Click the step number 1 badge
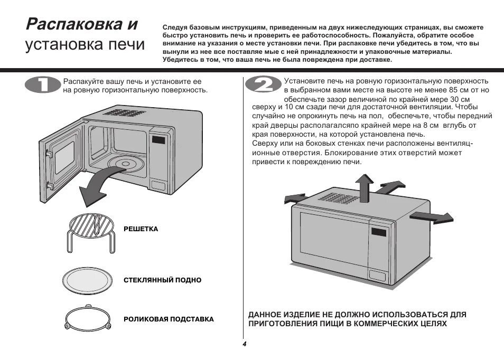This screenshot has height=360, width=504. point(43,86)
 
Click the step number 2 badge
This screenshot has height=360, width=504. point(262,86)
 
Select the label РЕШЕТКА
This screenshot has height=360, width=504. point(141,229)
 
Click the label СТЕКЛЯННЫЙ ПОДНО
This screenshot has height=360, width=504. point(162,280)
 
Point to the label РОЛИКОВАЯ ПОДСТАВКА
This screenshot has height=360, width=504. point(169,319)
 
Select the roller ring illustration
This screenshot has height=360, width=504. point(88,319)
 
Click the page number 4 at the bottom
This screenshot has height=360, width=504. point(245,344)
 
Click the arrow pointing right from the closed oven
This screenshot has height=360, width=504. point(432,216)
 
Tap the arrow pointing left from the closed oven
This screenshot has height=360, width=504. point(294,198)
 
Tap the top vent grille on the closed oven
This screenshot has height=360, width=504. point(338,198)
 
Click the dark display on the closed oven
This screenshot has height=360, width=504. point(378,232)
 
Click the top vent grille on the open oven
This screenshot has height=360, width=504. point(122,112)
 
